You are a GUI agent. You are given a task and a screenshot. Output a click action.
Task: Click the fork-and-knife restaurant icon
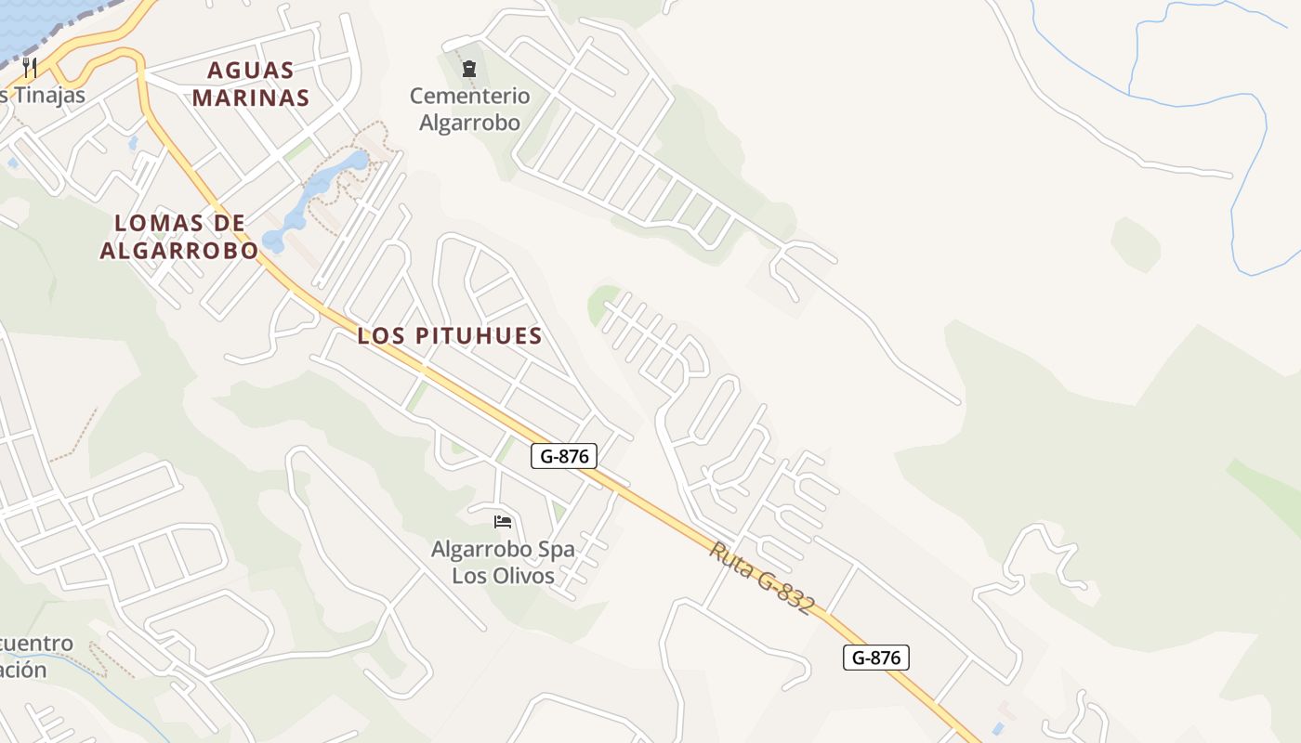30,67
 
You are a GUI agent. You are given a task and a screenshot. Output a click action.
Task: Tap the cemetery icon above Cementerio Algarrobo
468,67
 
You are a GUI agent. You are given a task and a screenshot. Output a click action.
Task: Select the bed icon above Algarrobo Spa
503,521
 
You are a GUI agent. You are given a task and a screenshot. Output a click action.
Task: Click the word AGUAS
251,71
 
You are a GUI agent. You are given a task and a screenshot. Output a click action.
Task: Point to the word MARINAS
251,98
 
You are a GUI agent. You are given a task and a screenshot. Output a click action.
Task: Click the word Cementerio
469,96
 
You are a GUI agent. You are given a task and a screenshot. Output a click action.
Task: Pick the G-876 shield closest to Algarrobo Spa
563,456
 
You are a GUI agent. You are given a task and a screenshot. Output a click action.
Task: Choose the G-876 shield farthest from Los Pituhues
875,658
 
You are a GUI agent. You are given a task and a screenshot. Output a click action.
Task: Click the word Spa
557,549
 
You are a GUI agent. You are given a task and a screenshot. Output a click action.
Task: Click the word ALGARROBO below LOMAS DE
179,250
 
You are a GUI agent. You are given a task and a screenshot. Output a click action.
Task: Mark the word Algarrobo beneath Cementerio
469,122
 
